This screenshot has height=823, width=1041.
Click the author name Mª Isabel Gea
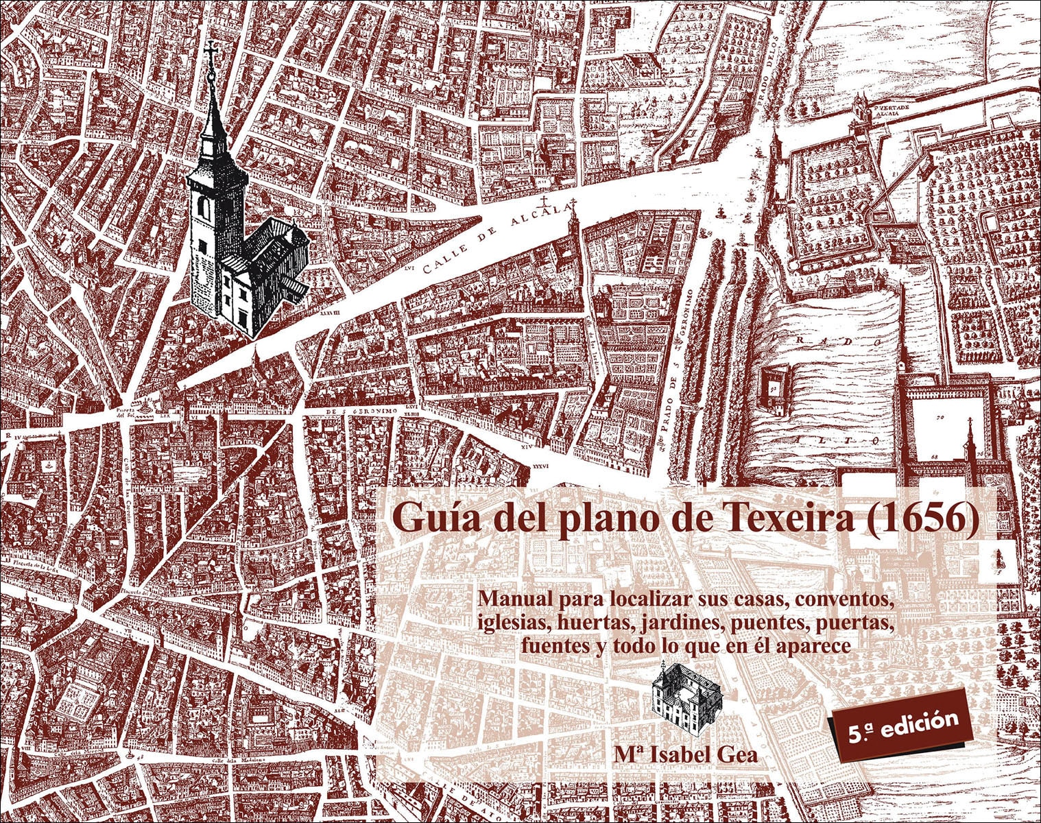click(686, 754)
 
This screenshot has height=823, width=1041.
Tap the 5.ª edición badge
click(903, 724)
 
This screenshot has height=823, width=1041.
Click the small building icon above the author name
click(686, 698)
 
